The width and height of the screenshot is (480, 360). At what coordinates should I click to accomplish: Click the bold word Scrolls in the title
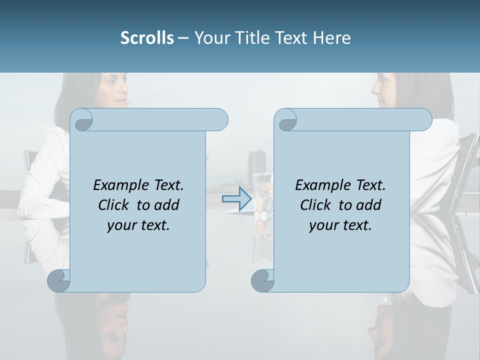[x=147, y=37]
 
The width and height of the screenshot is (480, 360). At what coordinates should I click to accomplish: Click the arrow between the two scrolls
[x=236, y=198]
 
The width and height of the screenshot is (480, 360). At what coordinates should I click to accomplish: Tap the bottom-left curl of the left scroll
[x=59, y=280]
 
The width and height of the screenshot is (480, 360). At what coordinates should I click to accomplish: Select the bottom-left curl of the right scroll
[x=263, y=280]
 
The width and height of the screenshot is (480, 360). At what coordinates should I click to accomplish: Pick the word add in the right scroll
[x=369, y=205]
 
